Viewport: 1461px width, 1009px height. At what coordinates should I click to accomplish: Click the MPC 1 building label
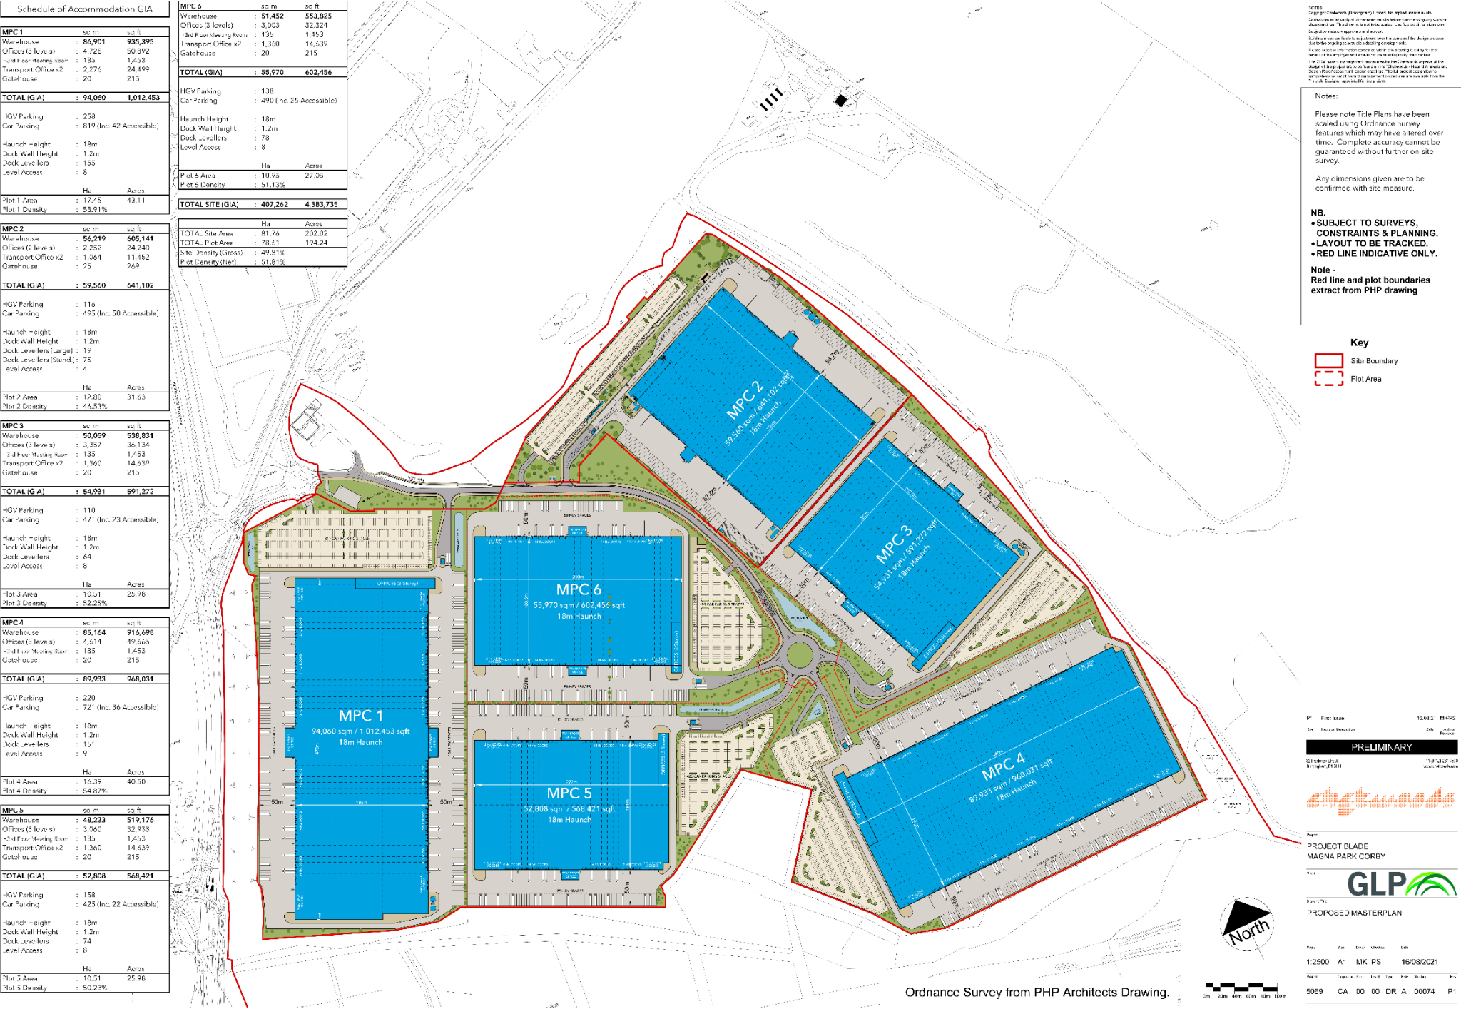click(361, 716)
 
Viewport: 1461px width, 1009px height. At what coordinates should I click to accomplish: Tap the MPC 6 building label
click(579, 589)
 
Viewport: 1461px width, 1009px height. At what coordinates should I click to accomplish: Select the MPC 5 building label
click(569, 793)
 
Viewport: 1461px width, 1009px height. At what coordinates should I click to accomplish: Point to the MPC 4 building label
click(1003, 766)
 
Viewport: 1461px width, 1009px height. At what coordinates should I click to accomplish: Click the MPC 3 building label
click(894, 544)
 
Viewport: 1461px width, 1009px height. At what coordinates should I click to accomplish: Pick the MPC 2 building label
click(744, 400)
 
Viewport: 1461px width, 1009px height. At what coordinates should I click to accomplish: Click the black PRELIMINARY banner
click(1381, 747)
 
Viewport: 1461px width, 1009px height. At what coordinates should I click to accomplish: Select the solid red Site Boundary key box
click(1328, 360)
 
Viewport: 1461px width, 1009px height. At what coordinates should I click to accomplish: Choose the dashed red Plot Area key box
click(1328, 379)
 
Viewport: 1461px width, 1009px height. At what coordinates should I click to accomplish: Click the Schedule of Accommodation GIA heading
click(85, 9)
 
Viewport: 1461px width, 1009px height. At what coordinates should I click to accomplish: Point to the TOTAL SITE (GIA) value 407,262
click(274, 204)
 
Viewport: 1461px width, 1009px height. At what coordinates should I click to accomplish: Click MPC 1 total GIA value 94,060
click(94, 98)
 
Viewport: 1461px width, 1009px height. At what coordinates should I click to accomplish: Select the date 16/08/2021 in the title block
click(1420, 962)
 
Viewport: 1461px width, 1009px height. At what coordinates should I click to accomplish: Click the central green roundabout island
click(800, 654)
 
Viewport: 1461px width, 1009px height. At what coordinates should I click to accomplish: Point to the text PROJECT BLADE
click(1337, 846)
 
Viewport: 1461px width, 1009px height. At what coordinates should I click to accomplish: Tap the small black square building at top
click(840, 101)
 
